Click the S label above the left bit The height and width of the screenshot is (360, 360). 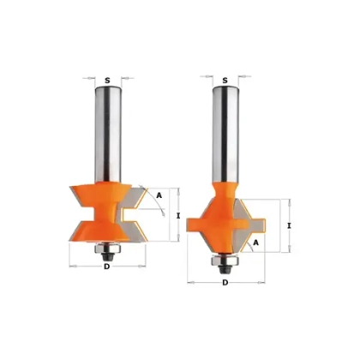[107, 81]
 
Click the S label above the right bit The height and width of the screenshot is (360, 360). [225, 81]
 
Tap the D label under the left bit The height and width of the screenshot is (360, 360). [107, 267]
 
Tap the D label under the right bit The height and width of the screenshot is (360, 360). [225, 283]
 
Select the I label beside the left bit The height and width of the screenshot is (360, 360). [178, 216]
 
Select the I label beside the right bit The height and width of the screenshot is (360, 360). [289, 226]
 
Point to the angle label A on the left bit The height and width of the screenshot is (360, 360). [159, 195]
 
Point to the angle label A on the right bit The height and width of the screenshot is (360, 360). [256, 243]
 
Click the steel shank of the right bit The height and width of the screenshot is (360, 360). [225, 134]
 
